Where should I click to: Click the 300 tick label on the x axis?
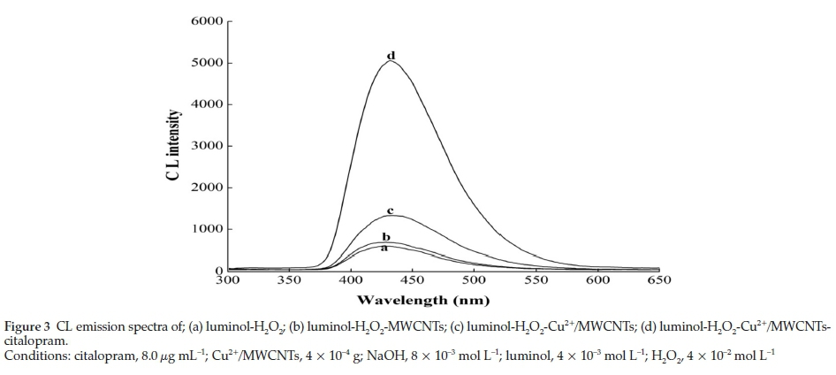click(x=228, y=280)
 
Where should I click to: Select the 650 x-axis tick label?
click(x=659, y=280)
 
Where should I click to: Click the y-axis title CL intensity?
click(x=174, y=146)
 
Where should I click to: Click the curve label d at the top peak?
click(x=390, y=56)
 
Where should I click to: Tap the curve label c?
click(x=390, y=210)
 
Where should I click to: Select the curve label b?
click(x=385, y=236)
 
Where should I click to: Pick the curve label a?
click(x=384, y=249)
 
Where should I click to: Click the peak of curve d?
click(x=390, y=62)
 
